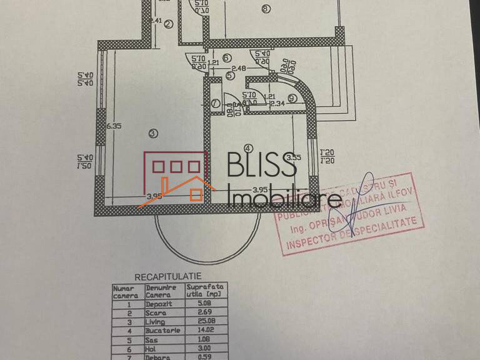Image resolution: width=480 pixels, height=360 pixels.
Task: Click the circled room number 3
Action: click(x=153, y=132)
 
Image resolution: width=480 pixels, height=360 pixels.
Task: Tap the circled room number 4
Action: click(x=248, y=148)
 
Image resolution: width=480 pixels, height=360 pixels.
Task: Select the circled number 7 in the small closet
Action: click(x=215, y=104)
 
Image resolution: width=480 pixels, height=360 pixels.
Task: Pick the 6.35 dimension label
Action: click(x=114, y=126)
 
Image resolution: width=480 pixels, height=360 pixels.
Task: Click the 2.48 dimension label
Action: click(x=238, y=68)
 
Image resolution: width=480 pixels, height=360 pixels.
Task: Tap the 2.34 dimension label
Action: click(x=278, y=103)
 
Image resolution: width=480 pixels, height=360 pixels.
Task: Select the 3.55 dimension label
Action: click(x=296, y=157)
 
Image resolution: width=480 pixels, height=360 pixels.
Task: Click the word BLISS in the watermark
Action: click(x=262, y=166)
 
